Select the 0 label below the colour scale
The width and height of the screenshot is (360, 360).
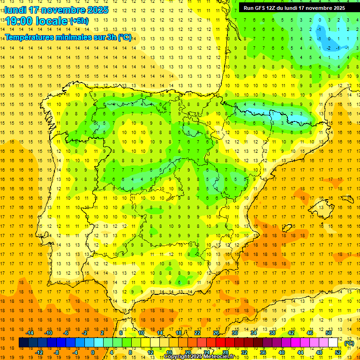tap(92, 352)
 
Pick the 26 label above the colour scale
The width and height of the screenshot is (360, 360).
tap(216, 333)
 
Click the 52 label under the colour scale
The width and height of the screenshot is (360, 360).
tap(338, 352)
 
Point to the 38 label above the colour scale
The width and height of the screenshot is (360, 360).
tap(272, 333)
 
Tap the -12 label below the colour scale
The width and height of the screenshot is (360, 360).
tap(39, 352)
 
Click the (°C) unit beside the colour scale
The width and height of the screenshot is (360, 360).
tap(349, 343)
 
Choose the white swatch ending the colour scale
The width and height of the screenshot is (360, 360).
tap(333, 343)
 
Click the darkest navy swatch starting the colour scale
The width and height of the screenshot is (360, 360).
tap(23, 343)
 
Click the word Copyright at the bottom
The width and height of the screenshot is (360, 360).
tap(177, 357)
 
